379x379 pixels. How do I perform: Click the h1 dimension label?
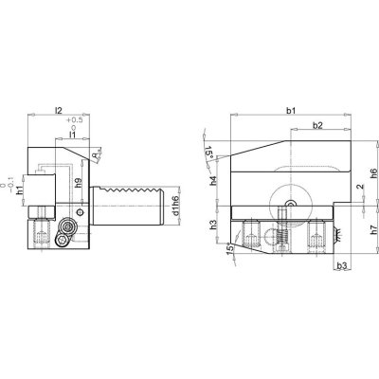[20, 190]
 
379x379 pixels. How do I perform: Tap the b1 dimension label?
[291, 112]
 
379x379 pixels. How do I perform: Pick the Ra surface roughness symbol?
[98, 155]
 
